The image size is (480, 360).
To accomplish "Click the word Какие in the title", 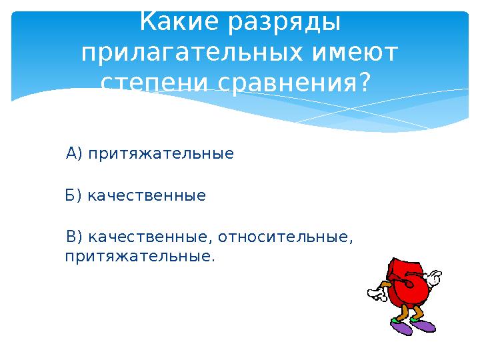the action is click(x=180, y=21).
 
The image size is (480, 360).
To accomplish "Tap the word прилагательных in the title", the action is click(x=193, y=53).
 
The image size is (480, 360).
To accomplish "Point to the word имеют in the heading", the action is click(x=355, y=53).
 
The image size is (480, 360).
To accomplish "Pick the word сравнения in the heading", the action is click(x=287, y=83).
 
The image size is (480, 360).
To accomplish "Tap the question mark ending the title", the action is click(x=364, y=81).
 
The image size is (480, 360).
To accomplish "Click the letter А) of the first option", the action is click(x=74, y=153).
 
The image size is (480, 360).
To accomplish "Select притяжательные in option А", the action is click(x=161, y=154).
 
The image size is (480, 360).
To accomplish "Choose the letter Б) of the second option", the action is click(x=73, y=195).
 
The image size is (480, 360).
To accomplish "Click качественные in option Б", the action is click(x=147, y=196).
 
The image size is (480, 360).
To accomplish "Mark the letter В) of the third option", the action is click(x=75, y=237).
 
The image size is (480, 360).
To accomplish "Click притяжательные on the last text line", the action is click(x=140, y=257).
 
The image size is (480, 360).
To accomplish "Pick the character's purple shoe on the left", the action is click(x=401, y=326).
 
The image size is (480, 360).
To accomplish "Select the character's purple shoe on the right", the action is click(x=423, y=325).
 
